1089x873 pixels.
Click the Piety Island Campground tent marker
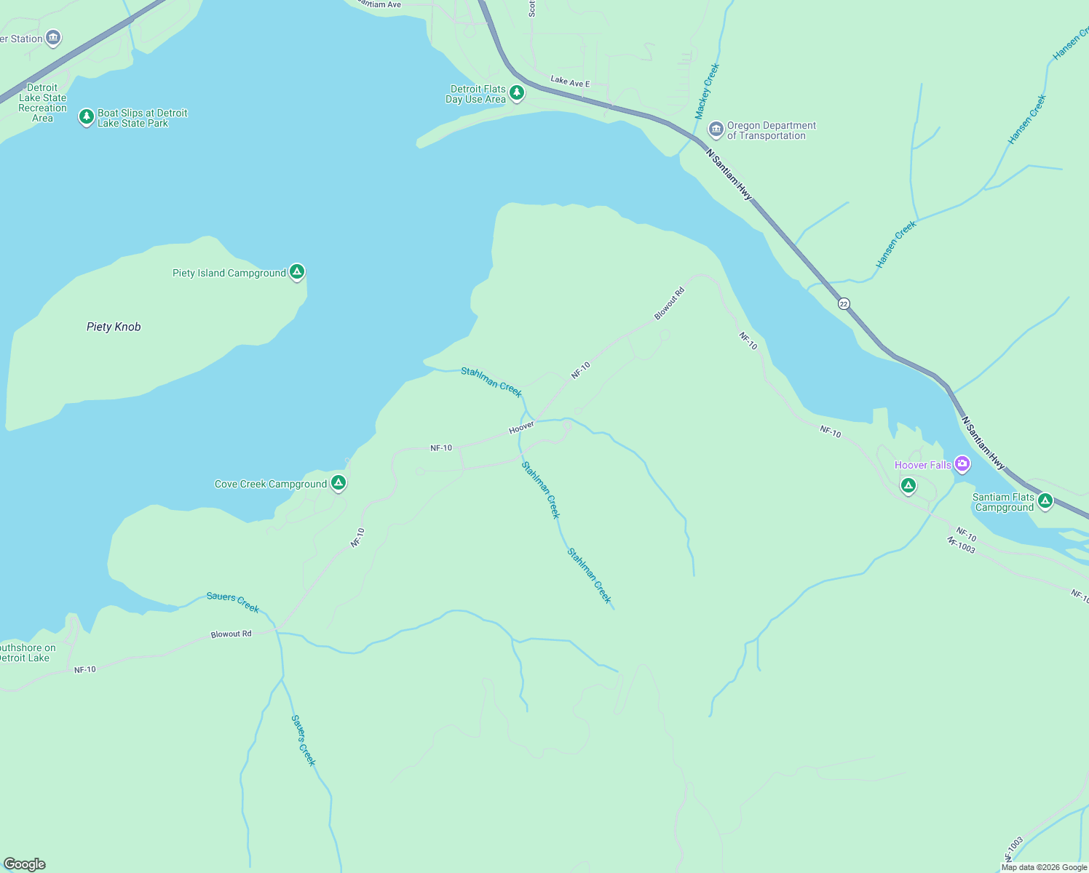tap(296, 272)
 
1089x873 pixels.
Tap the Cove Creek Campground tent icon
tap(338, 482)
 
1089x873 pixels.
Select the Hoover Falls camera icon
tap(962, 463)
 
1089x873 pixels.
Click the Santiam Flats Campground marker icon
tap(1045, 500)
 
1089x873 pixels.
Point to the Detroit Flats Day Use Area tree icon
tap(517, 92)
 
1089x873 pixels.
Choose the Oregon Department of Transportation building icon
tap(716, 129)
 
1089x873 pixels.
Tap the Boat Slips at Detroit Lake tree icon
tap(87, 116)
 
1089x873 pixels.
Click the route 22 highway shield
tap(844, 303)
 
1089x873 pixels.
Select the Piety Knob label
tap(114, 327)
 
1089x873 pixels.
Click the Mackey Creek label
tap(707, 91)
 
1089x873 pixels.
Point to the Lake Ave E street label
tap(570, 81)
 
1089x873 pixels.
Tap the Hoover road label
tap(521, 428)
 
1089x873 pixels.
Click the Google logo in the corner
tap(25, 864)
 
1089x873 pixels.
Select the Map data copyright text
tap(1044, 867)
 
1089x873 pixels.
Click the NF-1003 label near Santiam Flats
tap(961, 545)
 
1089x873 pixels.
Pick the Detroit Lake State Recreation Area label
tap(42, 103)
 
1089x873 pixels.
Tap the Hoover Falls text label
tap(922, 465)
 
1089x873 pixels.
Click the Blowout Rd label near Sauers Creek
tap(231, 634)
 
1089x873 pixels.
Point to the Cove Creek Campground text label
tap(271, 484)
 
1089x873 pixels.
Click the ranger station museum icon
tap(52, 38)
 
